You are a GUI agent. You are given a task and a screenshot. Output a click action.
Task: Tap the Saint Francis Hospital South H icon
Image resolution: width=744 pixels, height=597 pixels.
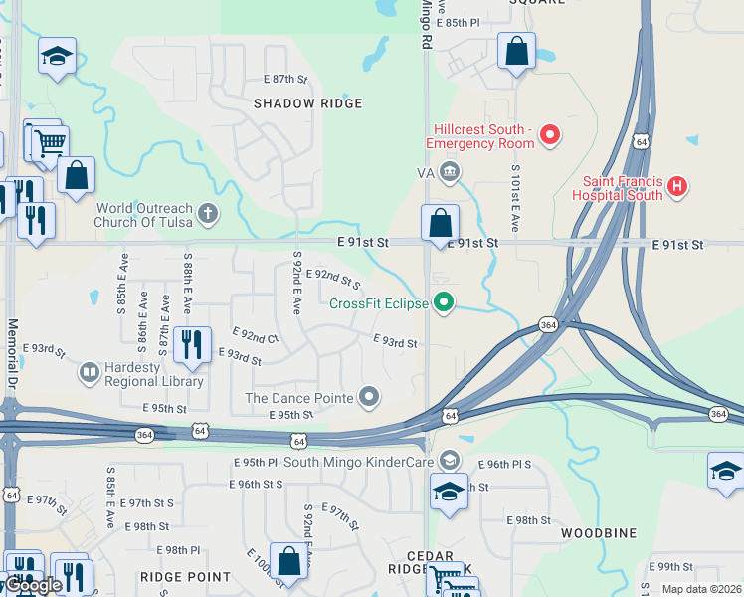(677, 186)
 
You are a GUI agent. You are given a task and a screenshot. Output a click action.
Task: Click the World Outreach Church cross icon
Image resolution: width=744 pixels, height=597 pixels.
(207, 212)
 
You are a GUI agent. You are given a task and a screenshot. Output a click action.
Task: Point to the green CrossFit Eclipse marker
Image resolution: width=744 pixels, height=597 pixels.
(445, 302)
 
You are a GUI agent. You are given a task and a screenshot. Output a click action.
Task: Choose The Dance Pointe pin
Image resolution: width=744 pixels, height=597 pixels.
(370, 398)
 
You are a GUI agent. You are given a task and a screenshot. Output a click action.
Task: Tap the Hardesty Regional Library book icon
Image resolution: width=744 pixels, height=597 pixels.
(90, 372)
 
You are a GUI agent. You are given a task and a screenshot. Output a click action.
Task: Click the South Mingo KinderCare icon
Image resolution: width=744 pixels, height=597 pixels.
(450, 460)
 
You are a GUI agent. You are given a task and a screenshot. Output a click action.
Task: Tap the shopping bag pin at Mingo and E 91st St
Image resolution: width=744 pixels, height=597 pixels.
(440, 222)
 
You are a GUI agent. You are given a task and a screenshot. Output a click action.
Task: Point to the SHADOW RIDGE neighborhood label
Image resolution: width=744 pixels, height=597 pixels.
(307, 103)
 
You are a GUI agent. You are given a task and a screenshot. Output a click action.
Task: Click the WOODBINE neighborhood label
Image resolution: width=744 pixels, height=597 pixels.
(598, 533)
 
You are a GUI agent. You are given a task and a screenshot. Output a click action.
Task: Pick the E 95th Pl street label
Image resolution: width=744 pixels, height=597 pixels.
(256, 463)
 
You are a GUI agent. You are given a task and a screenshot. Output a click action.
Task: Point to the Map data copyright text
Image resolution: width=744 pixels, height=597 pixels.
(700, 589)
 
